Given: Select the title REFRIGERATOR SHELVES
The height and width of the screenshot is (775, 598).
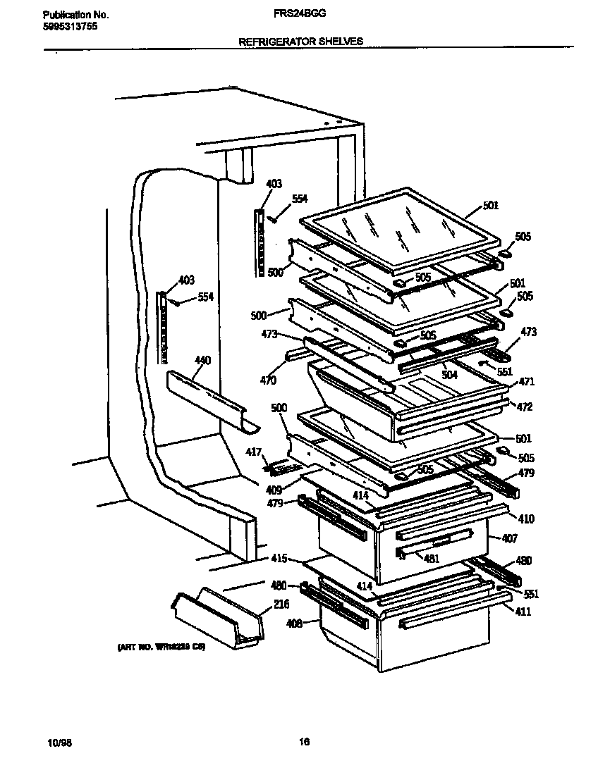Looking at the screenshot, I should click(x=301, y=42).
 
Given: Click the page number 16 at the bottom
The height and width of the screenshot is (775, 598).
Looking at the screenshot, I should click(x=303, y=741).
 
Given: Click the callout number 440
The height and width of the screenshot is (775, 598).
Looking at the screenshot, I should click(x=202, y=361).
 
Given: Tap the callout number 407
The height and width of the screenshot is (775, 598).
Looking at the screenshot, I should click(x=509, y=539).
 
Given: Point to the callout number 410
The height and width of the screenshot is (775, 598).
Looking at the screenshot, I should click(x=526, y=519).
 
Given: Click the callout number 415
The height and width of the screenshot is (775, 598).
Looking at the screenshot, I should click(x=279, y=559).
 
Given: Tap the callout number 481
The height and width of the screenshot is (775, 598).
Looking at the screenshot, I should click(x=431, y=559).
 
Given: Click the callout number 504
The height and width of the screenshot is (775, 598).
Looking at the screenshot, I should click(x=449, y=376).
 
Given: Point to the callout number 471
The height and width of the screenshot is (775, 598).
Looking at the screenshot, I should click(x=526, y=382).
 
